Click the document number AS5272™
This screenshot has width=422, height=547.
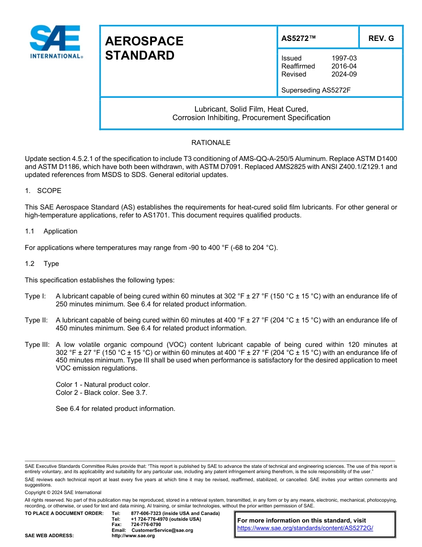[299, 38]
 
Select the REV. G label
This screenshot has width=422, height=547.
[381, 38]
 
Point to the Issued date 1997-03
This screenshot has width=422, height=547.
[344, 58]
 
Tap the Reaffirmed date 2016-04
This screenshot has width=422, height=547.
[344, 66]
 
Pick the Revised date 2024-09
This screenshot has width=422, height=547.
[344, 74]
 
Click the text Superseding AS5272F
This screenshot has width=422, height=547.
[316, 90]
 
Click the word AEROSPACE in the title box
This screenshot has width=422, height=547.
[144, 41]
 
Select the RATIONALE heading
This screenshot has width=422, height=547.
[211, 143]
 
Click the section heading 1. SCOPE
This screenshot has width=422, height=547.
[43, 191]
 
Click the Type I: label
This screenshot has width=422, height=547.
[35, 296]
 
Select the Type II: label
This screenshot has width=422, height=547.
[36, 320]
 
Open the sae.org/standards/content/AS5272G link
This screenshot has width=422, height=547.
[305, 528]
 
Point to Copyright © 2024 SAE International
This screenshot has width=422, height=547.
[63, 492]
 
